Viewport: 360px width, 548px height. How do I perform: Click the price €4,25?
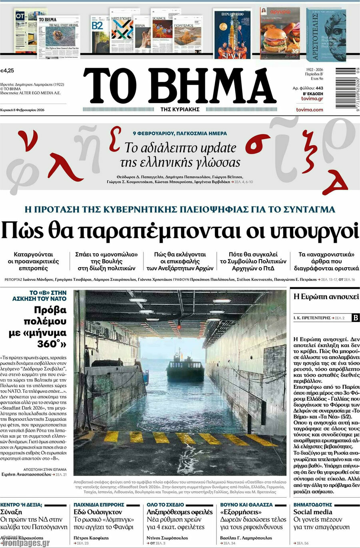[7, 70]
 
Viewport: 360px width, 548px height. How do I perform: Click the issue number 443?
[319, 88]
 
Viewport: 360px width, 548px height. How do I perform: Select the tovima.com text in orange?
[309, 110]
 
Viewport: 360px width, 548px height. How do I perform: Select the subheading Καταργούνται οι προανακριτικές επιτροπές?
[33, 261]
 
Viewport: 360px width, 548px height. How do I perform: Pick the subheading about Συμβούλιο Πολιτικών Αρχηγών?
[253, 261]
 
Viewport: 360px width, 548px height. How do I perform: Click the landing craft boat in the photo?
[185, 367]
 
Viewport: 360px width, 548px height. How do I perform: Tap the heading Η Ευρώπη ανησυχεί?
[326, 296]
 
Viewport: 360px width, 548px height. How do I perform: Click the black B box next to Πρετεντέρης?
[355, 318]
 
